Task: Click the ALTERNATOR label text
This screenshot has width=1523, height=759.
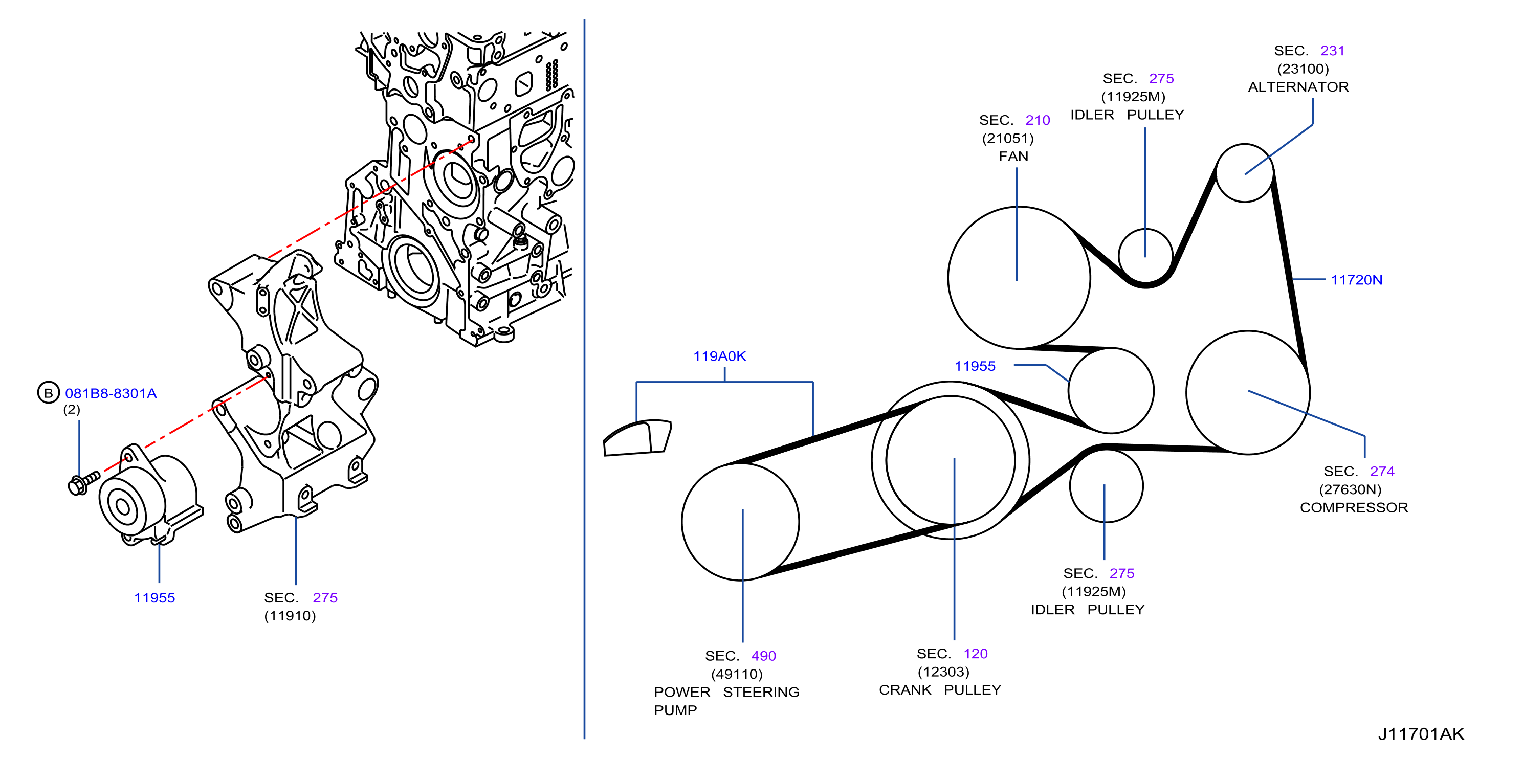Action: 1298,87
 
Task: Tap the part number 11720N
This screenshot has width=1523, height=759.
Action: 1356,280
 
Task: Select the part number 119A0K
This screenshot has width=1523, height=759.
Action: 719,356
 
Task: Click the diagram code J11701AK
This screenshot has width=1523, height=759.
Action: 1421,733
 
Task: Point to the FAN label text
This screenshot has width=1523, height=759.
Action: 1013,156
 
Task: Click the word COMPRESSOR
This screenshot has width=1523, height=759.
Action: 1354,507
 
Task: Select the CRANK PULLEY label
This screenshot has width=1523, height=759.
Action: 940,690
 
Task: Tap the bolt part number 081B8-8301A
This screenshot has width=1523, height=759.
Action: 111,393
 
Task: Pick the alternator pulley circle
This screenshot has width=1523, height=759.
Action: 1245,145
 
